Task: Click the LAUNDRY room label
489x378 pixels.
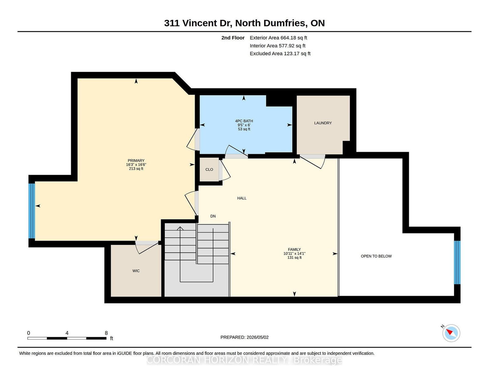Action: (x=323, y=123)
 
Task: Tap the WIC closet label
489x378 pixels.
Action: (x=136, y=271)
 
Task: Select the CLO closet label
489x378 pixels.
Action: (x=209, y=170)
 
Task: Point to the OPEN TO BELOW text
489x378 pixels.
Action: (x=376, y=256)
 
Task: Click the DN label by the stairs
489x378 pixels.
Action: (x=213, y=216)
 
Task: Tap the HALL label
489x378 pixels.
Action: (x=242, y=198)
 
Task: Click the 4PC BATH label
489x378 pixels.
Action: (x=244, y=121)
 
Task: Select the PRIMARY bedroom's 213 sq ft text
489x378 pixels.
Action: (x=136, y=168)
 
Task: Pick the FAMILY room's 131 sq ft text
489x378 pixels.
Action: (x=294, y=258)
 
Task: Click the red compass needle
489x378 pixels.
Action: (x=449, y=332)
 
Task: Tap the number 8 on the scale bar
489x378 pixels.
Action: (x=106, y=333)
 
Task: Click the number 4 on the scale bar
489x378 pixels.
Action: (x=67, y=333)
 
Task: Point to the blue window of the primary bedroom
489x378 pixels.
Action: (x=32, y=211)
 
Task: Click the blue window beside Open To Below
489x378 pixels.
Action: (x=457, y=262)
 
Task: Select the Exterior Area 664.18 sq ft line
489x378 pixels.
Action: (x=278, y=38)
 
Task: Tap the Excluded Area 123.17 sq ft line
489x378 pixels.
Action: (x=280, y=53)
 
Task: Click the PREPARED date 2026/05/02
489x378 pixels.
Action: (x=257, y=337)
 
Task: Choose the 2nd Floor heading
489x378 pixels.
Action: (x=233, y=38)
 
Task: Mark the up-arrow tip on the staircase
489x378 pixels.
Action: (x=180, y=227)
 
